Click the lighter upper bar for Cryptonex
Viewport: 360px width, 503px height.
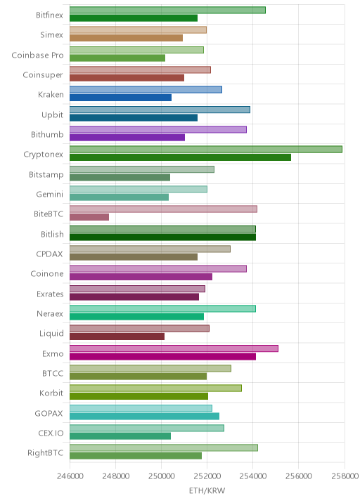click(206, 149)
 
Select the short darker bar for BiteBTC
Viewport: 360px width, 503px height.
click(89, 217)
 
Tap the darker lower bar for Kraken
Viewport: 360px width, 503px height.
click(120, 98)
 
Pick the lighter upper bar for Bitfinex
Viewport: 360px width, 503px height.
click(167, 10)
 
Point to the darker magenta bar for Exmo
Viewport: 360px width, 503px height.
click(163, 356)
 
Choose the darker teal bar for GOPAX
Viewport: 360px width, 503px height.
click(145, 416)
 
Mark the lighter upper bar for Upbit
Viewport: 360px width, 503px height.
click(160, 110)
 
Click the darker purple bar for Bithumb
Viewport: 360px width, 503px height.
click(127, 137)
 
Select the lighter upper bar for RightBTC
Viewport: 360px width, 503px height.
click(164, 448)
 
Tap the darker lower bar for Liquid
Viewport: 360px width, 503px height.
click(117, 337)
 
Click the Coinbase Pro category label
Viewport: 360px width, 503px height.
click(37, 55)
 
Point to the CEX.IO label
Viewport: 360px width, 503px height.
click(51, 433)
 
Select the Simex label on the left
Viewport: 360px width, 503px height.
click(52, 34)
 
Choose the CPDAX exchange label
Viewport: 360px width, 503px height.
click(49, 254)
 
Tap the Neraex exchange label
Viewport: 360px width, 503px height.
click(50, 314)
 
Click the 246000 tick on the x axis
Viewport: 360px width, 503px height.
click(70, 476)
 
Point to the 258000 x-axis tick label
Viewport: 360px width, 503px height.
click(345, 476)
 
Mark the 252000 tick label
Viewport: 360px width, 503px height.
click(207, 476)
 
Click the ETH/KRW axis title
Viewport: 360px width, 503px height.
click(207, 491)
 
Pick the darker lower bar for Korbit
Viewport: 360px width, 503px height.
click(139, 396)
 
